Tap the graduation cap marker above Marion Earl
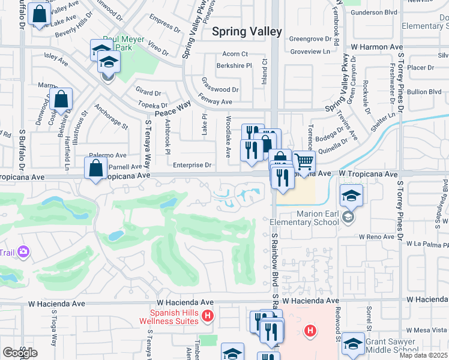[x=351, y=195]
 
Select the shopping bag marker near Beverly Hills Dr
[x=38, y=14]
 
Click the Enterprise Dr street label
[x=193, y=165]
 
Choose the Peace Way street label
[x=172, y=109]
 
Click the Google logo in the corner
[x=20, y=352]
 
